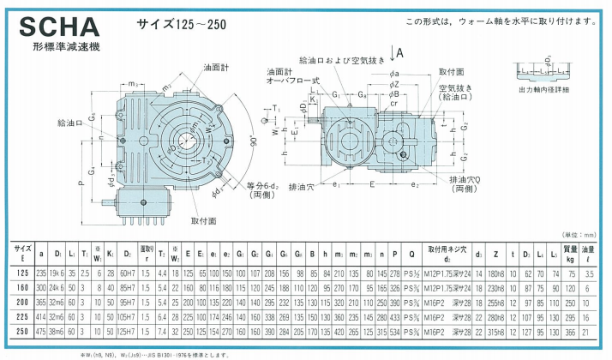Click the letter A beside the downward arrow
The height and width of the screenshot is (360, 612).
pos(401,53)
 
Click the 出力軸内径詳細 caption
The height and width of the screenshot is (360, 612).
pos(546,89)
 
